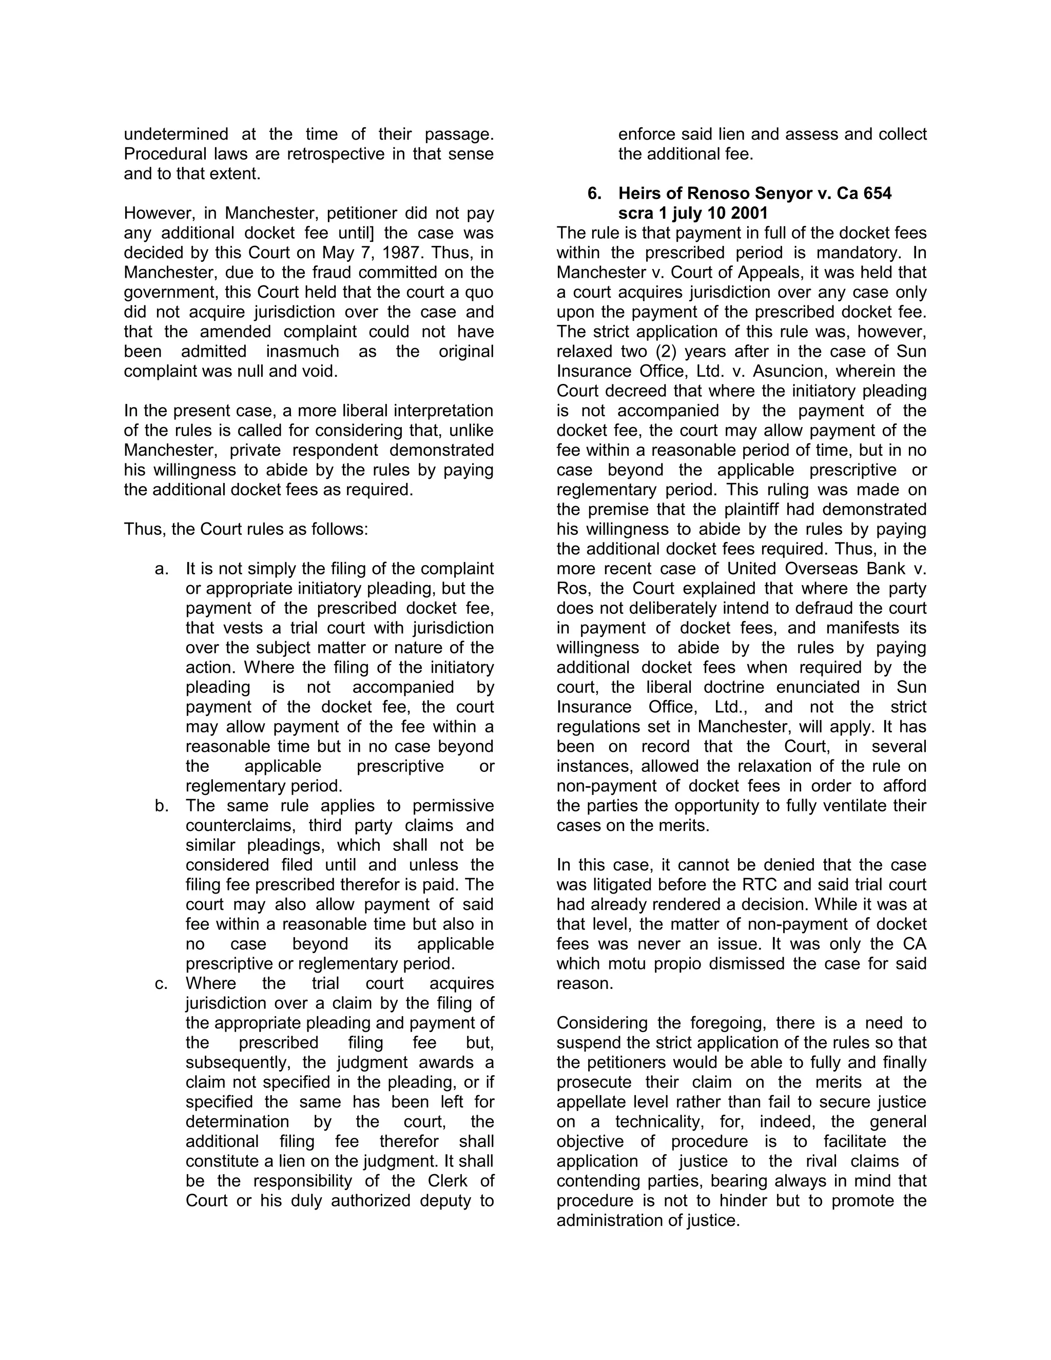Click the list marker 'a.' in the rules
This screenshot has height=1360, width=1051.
(161, 569)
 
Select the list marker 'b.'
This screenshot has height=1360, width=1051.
(161, 805)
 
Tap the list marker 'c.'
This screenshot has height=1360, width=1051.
(161, 983)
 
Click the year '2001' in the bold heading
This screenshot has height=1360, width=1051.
(750, 213)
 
